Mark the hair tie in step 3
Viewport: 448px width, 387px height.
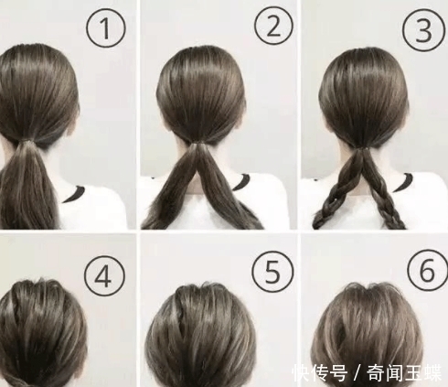[364, 146]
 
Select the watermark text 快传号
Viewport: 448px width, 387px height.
[315, 373]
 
